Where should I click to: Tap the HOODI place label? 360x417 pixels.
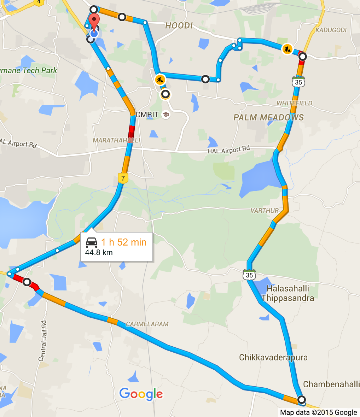(179, 25)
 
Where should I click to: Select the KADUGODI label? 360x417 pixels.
(331, 30)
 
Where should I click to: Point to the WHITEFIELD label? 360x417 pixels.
(295, 103)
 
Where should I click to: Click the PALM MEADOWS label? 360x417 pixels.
(268, 117)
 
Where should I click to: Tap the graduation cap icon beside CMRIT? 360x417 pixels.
(166, 114)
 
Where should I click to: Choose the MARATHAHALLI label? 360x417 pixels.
(116, 140)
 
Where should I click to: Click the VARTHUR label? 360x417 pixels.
(265, 211)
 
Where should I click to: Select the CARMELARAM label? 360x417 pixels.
(147, 324)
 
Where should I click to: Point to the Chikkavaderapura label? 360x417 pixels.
(273, 357)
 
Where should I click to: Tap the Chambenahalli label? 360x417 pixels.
(331, 384)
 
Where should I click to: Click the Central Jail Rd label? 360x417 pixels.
(43, 341)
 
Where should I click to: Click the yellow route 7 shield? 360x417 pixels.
(123, 178)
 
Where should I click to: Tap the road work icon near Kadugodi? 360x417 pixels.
(287, 49)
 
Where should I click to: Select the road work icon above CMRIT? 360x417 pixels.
(160, 80)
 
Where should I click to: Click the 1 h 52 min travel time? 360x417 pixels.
(124, 242)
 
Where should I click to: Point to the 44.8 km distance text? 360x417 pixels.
(99, 253)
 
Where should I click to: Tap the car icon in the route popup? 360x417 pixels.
(92, 242)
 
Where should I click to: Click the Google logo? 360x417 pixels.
(141, 394)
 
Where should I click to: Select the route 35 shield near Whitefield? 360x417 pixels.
(298, 82)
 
